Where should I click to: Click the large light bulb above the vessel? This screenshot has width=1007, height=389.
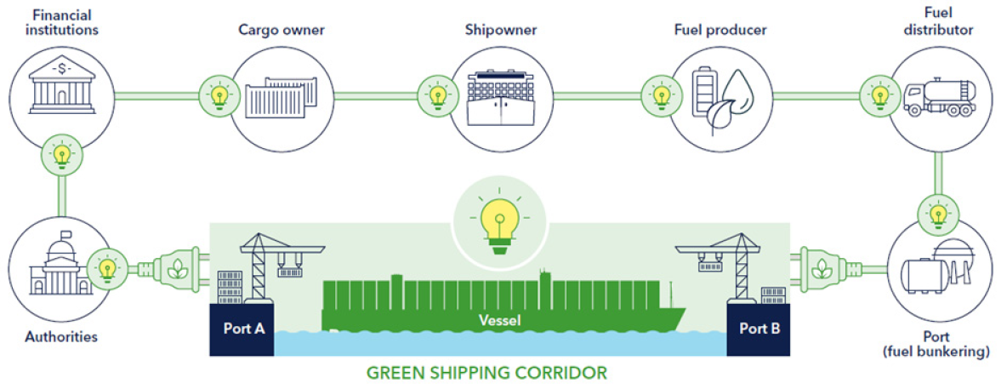pyautogui.click(x=500, y=219)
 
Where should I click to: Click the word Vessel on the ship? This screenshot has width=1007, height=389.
pyautogui.click(x=498, y=321)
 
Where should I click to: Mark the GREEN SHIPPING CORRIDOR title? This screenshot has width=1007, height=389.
pyautogui.click(x=486, y=373)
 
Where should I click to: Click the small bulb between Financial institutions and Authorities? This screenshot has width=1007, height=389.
pyautogui.click(x=61, y=155)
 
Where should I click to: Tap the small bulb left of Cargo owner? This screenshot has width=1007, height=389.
pyautogui.click(x=218, y=94)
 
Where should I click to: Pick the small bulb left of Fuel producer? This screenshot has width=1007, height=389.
pyautogui.click(x=657, y=94)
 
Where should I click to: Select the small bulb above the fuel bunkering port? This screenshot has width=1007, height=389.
pyautogui.click(x=938, y=211)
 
